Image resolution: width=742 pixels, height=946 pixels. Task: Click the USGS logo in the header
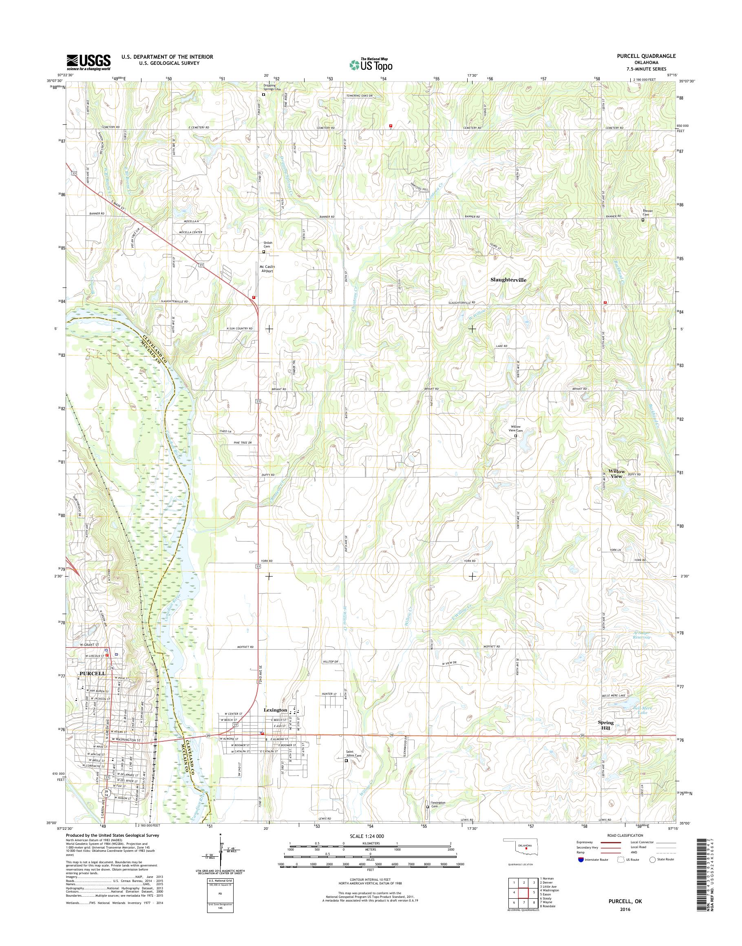(88, 62)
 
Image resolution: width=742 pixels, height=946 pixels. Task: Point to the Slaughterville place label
(508, 280)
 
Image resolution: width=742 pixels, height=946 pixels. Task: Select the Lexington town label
(275, 710)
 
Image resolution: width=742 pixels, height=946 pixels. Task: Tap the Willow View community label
(616, 474)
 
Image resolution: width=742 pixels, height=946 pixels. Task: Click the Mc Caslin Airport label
(267, 269)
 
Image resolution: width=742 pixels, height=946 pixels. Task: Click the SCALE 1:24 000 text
(367, 835)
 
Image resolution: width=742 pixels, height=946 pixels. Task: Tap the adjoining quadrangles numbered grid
(523, 893)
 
